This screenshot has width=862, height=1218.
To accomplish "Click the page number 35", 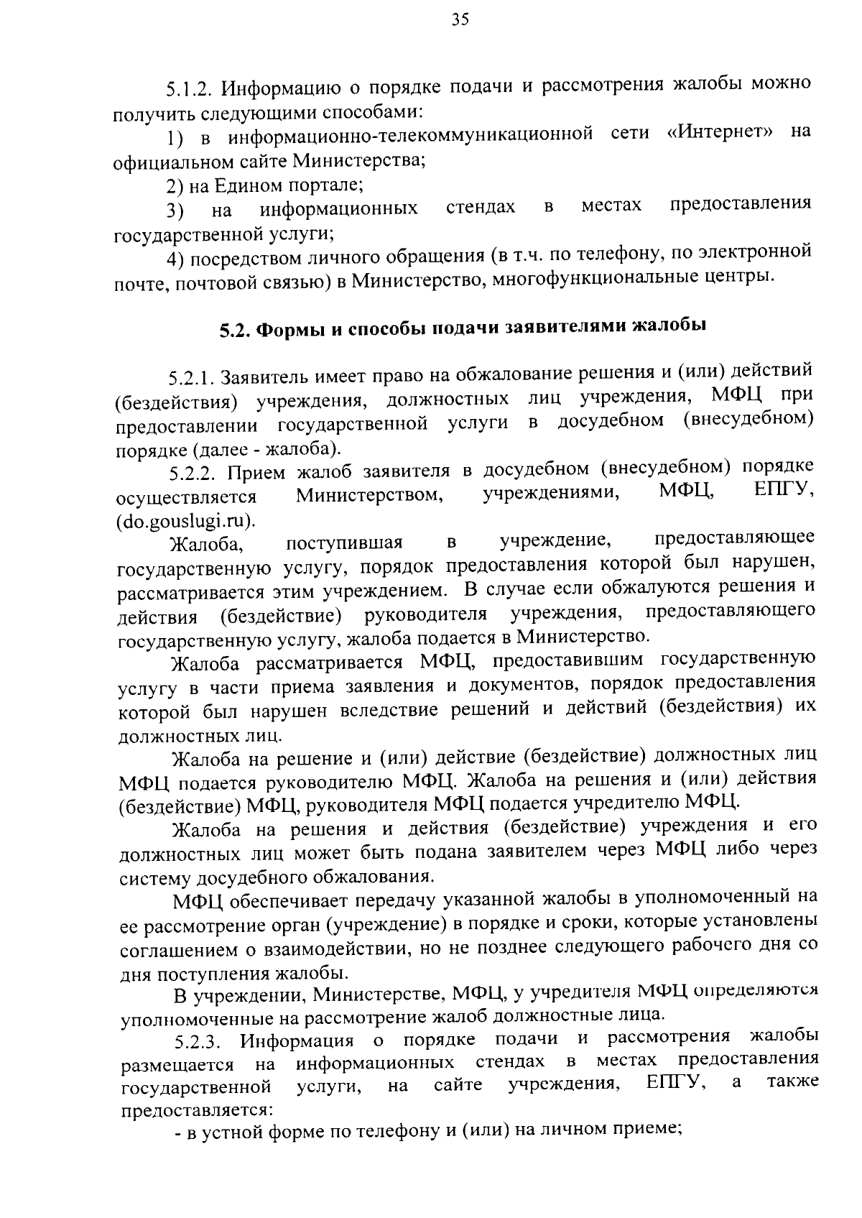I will click(x=460, y=20).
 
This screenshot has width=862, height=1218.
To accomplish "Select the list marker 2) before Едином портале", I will click(x=175, y=186).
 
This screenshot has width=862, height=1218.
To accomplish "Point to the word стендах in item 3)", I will click(x=481, y=208).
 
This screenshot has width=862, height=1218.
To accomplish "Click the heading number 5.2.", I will click(x=234, y=330).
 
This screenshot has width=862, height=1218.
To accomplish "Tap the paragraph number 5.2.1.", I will click(x=192, y=378).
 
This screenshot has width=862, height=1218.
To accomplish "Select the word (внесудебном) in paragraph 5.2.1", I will click(x=749, y=420).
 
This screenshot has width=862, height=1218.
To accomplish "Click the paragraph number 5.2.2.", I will click(x=193, y=474).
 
